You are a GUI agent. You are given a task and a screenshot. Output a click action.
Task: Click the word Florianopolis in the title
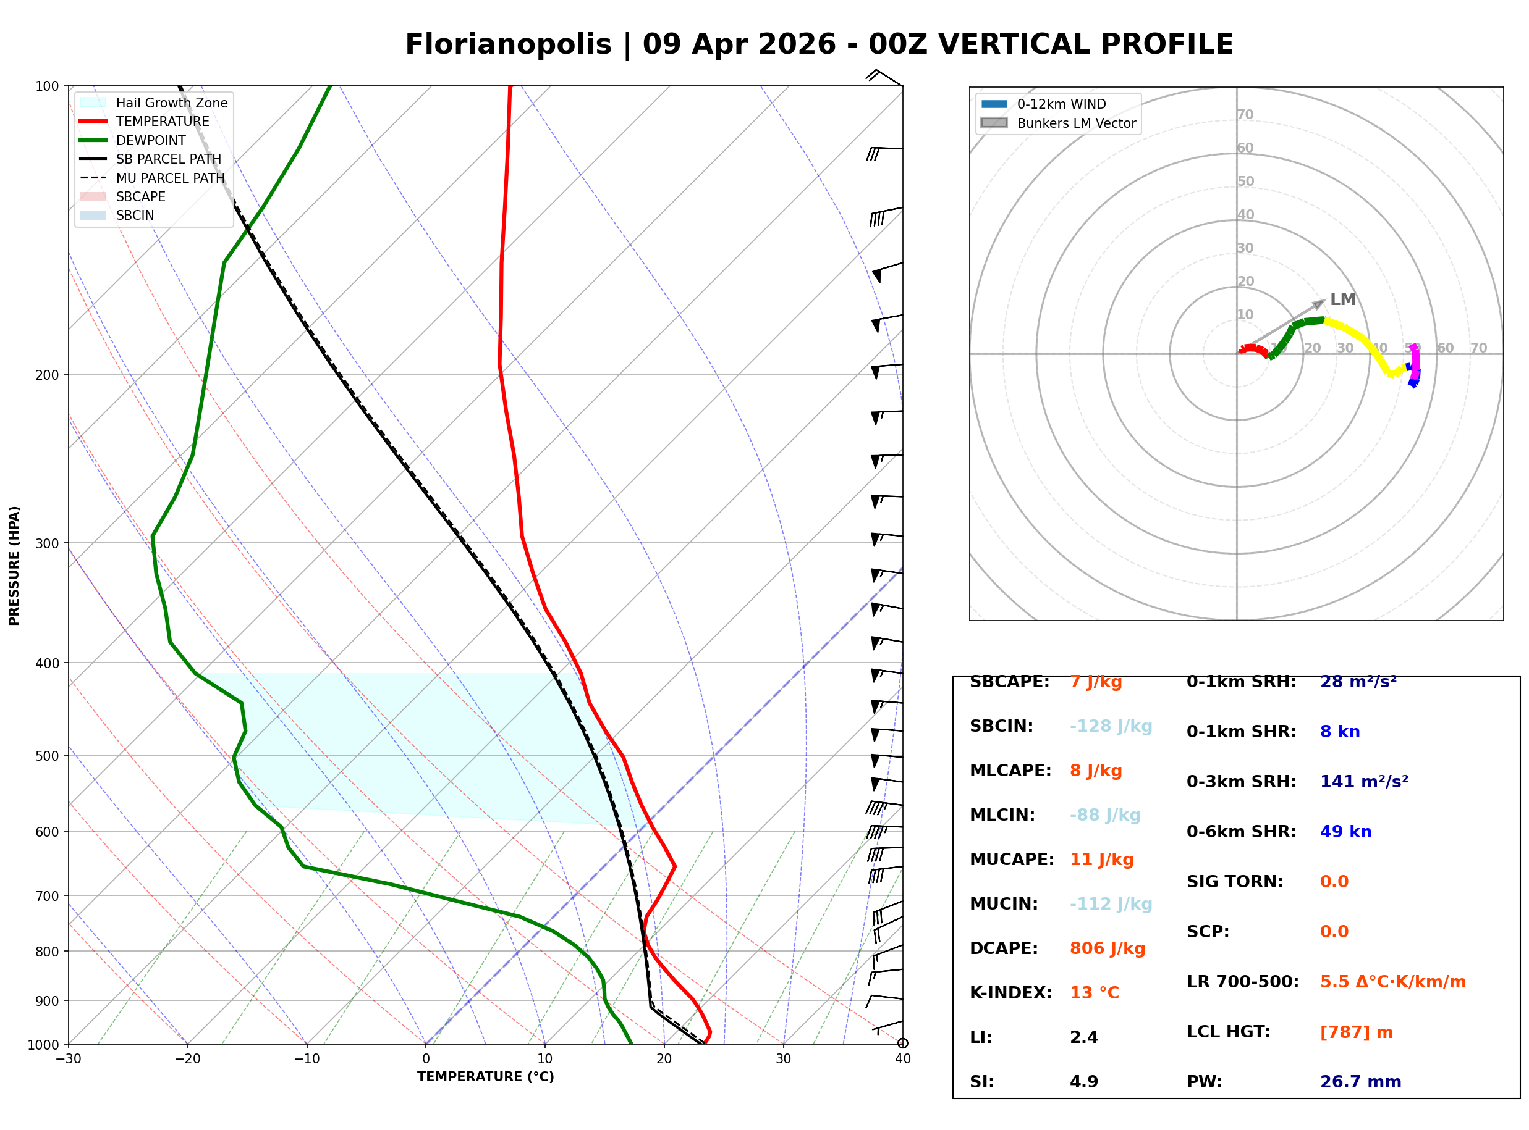(508, 44)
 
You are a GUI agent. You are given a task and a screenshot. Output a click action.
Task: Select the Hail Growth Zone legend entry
(171, 103)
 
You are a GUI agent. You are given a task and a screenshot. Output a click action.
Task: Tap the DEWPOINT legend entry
(151, 140)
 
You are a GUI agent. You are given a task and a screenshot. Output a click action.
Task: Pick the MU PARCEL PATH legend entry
(170, 178)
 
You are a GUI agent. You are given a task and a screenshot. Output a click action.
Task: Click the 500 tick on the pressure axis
(47, 756)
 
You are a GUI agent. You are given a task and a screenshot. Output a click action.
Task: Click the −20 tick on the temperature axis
(187, 1059)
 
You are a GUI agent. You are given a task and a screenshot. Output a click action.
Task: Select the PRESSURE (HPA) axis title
(14, 566)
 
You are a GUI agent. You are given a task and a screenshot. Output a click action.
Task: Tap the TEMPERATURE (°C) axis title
(485, 1077)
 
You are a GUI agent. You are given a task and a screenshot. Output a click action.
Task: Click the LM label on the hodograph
(1342, 299)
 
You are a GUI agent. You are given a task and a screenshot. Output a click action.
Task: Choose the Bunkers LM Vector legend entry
(1076, 123)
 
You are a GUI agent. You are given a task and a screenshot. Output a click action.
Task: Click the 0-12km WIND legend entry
(1061, 104)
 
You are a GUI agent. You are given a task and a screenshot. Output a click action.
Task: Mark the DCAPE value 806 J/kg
(1108, 948)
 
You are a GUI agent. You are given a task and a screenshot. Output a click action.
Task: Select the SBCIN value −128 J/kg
(1111, 726)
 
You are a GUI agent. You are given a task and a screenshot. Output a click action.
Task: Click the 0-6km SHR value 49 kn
(1345, 831)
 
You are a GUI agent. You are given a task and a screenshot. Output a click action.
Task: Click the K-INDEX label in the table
(1010, 992)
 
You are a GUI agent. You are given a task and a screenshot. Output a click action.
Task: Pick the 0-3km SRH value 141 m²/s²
(1363, 781)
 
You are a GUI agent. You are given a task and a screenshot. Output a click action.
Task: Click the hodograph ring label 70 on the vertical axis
(1245, 115)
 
